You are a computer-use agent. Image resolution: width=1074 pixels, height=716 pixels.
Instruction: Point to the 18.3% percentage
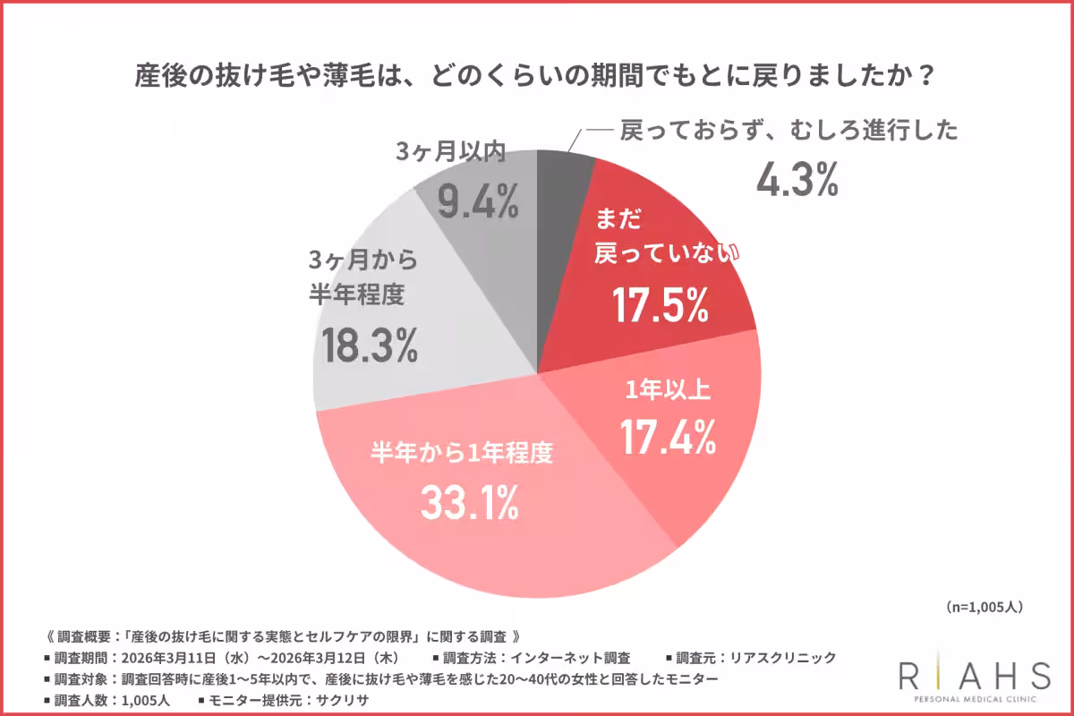coord(370,345)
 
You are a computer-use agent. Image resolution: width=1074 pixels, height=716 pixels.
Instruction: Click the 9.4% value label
coord(478,203)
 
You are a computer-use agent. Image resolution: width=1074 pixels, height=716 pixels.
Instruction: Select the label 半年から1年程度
coord(462,454)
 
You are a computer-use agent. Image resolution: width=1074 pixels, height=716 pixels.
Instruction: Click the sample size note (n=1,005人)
coord(983,606)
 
